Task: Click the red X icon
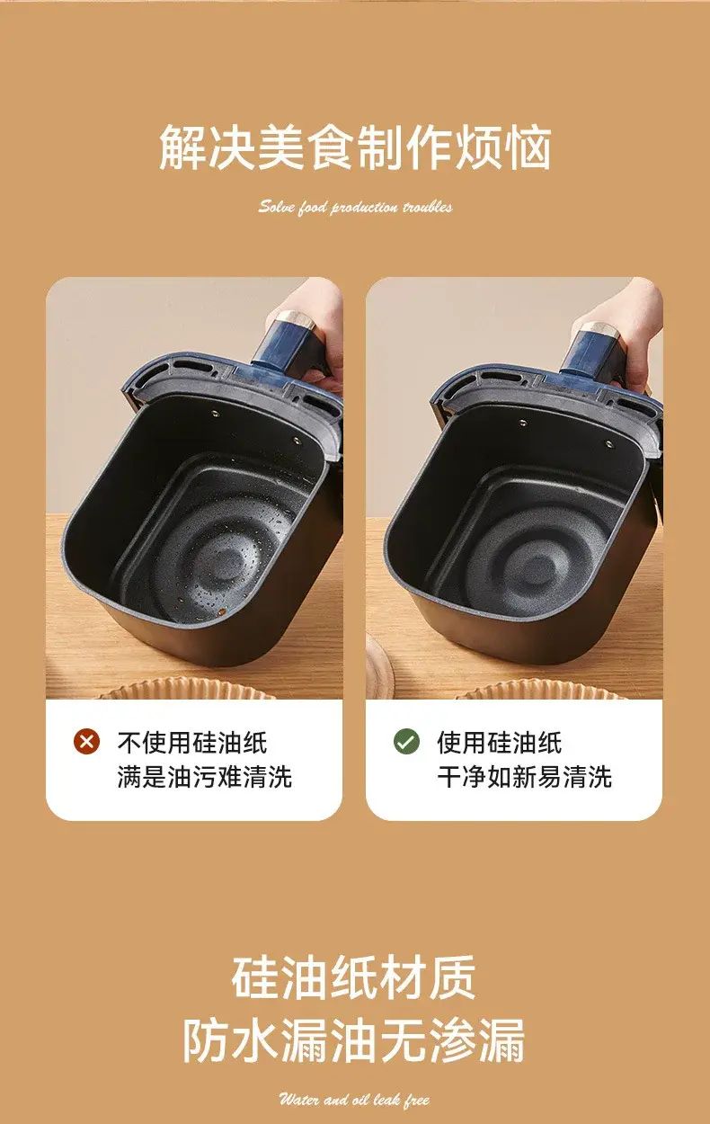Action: click(87, 741)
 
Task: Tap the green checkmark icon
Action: click(406, 741)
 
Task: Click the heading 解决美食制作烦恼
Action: click(355, 147)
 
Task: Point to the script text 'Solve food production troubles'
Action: click(355, 207)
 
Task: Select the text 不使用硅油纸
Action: click(192, 742)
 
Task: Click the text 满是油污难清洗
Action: click(205, 777)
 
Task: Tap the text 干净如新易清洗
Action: click(525, 777)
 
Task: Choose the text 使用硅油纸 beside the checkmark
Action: click(500, 742)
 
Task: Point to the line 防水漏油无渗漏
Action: click(354, 1039)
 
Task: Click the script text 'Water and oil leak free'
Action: click(354, 1100)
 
